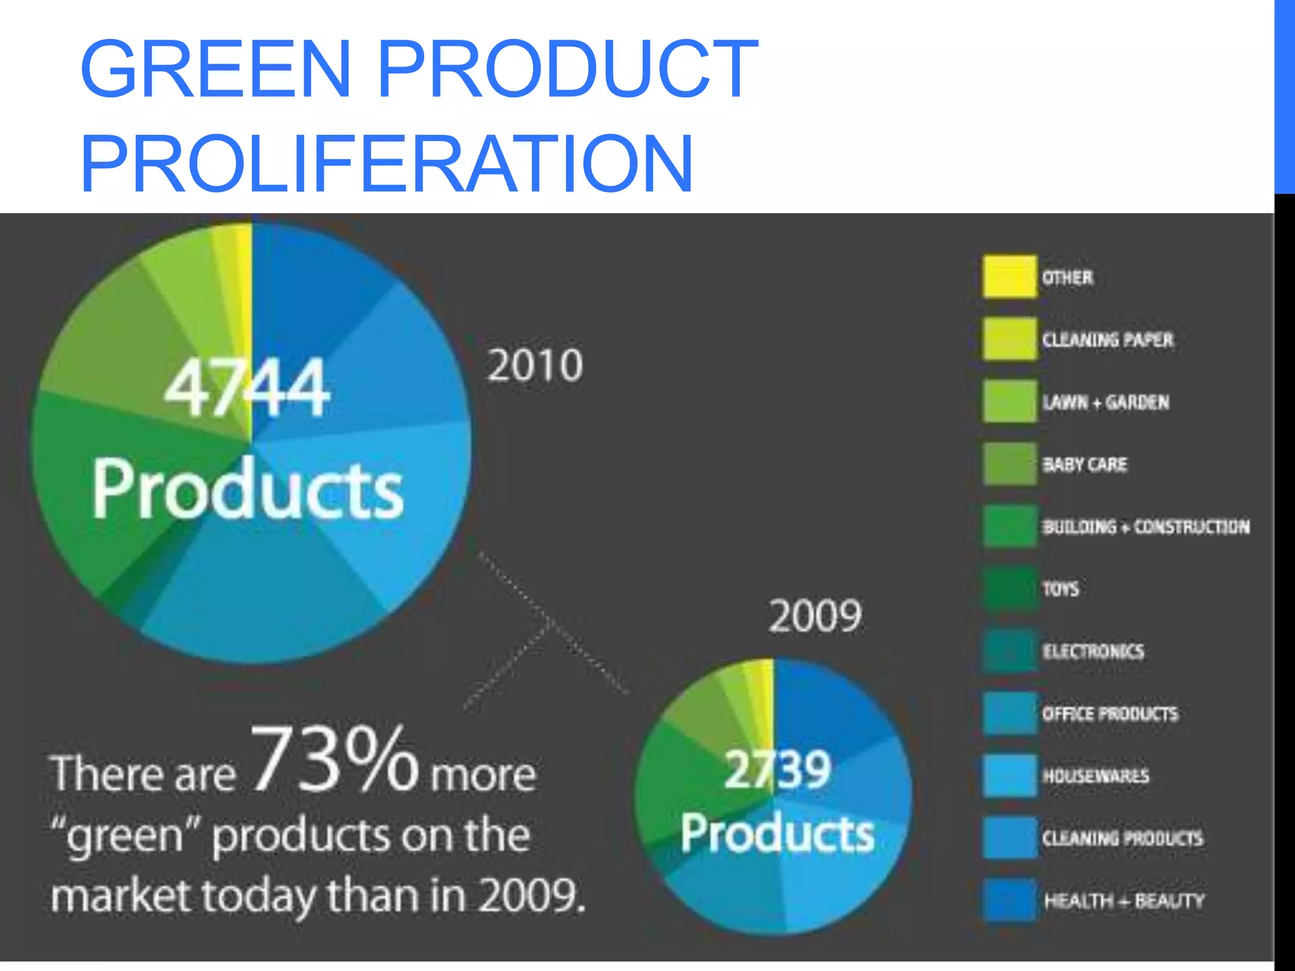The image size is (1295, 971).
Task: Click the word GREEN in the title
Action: point(216,69)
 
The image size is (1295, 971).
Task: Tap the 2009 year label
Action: point(815,616)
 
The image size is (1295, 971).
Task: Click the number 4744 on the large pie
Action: point(247,387)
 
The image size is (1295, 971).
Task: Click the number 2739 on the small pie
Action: point(777,769)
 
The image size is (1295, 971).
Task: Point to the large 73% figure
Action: point(335,759)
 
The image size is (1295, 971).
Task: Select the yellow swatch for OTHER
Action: point(1009,276)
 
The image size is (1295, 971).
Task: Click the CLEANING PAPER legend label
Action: point(1107,339)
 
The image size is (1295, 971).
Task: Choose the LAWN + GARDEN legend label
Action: point(1105,402)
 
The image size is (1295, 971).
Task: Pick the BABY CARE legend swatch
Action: point(1009,464)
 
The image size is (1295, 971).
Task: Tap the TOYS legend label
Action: point(1060,589)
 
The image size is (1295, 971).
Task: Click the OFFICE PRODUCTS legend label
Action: point(1110,714)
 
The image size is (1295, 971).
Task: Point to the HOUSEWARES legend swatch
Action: point(1009,776)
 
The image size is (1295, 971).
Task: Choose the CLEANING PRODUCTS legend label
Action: point(1122,838)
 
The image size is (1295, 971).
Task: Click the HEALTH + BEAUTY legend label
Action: point(1124,900)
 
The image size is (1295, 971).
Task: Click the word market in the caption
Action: point(120,896)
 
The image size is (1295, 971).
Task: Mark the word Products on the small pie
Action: point(777,833)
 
